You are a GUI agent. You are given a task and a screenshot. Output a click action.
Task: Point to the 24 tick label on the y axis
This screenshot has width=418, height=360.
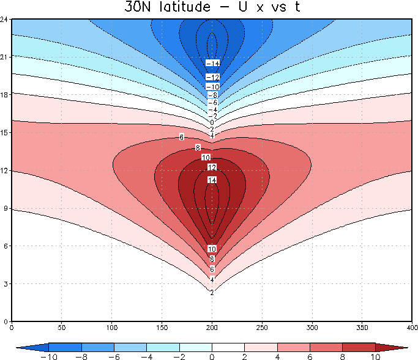pos(5,20)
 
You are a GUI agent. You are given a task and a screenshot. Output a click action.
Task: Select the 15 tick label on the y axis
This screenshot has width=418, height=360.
pos(5,133)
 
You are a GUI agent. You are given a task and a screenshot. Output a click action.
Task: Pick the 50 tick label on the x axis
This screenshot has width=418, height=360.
pos(62,328)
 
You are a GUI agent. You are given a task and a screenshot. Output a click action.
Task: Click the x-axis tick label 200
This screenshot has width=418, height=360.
pos(212,328)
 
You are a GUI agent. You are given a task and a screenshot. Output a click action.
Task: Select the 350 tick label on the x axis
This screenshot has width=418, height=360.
pos(363,328)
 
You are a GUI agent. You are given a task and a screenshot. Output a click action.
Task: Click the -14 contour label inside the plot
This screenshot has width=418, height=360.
pos(212,64)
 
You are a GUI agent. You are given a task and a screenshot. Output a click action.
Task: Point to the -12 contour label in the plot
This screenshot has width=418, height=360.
pos(212,77)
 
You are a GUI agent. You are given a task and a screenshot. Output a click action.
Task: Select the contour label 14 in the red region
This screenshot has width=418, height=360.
pos(212,180)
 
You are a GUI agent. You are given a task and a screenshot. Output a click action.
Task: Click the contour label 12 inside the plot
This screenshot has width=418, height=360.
pos(212,167)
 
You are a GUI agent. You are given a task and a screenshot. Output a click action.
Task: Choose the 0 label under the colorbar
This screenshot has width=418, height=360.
pos(212,356)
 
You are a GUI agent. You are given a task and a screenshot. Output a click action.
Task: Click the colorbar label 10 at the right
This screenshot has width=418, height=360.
pos(375,356)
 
